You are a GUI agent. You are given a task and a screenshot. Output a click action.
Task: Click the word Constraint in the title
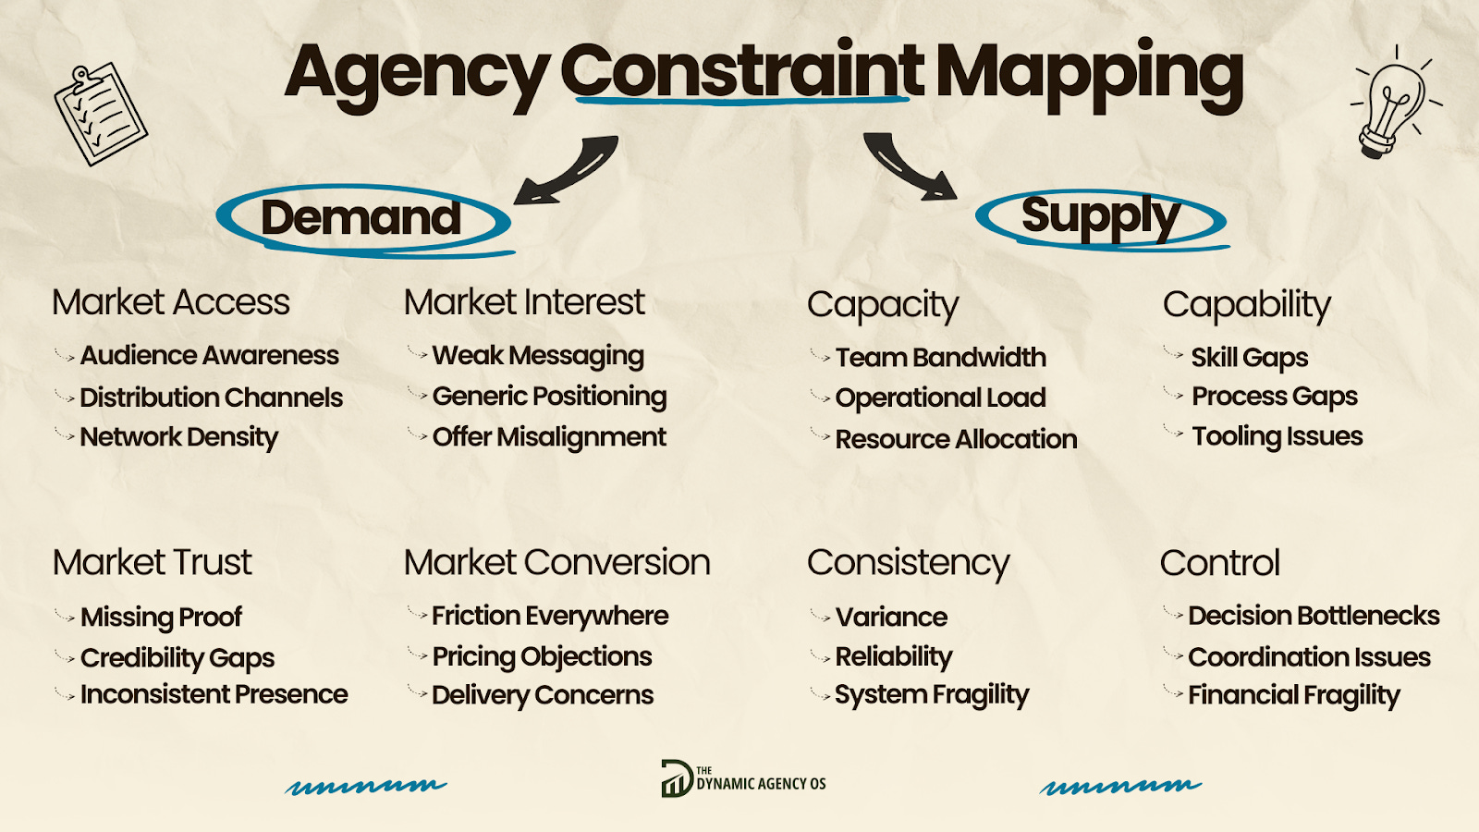pyautogui.click(x=741, y=72)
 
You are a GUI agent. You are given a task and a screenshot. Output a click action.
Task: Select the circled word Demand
pyautogui.click(x=361, y=218)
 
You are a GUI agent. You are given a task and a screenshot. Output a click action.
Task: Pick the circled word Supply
pyautogui.click(x=1100, y=216)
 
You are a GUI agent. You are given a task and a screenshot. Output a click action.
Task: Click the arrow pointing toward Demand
pyautogui.click(x=566, y=169)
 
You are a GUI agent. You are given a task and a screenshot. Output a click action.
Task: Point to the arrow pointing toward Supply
pyautogui.click(x=909, y=165)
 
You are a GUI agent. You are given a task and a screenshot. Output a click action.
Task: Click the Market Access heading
pyautogui.click(x=171, y=302)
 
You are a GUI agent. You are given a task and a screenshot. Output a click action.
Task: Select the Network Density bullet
pyautogui.click(x=178, y=436)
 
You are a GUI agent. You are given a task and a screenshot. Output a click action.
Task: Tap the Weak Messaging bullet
pyautogui.click(x=538, y=355)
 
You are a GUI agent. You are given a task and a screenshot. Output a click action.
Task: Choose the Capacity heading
pyautogui.click(x=883, y=304)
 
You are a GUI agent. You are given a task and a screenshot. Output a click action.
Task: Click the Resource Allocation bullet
pyautogui.click(x=956, y=439)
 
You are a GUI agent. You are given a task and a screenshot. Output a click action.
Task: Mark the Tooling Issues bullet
pyautogui.click(x=1277, y=436)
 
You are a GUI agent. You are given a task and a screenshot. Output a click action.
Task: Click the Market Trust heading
pyautogui.click(x=153, y=562)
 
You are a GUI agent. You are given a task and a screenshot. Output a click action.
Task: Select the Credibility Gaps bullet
pyautogui.click(x=177, y=657)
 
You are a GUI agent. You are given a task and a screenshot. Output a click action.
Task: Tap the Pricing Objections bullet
pyautogui.click(x=542, y=656)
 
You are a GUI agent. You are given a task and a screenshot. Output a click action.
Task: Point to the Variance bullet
pyautogui.click(x=891, y=617)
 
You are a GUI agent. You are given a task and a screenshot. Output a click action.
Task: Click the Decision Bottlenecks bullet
pyautogui.click(x=1314, y=616)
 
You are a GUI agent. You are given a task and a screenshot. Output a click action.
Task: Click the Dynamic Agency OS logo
pyautogui.click(x=743, y=779)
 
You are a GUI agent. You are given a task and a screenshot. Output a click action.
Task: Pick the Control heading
pyautogui.click(x=1220, y=562)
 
